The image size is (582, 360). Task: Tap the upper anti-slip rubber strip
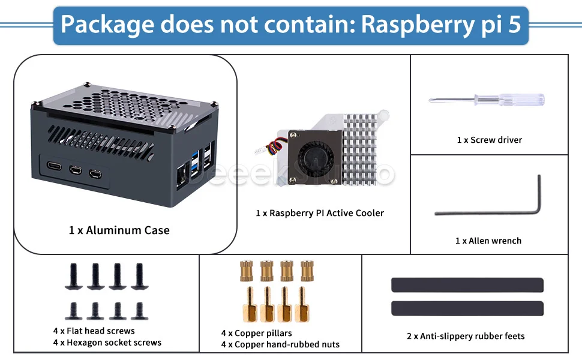pos(467,284)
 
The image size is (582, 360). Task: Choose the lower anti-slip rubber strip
pos(467,308)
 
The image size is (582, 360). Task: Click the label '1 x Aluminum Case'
pos(119,230)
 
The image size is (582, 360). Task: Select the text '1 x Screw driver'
pos(489,140)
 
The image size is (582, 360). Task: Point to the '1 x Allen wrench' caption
pos(488,241)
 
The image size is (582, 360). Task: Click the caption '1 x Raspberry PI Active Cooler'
pos(319,213)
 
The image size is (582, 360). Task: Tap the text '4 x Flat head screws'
pos(94,331)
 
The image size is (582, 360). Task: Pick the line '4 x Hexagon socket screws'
pos(107,343)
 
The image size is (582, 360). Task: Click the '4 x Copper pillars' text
pos(256,333)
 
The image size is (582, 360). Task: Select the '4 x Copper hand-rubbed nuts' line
pos(280,344)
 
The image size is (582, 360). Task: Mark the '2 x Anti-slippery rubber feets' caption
pos(466,336)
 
